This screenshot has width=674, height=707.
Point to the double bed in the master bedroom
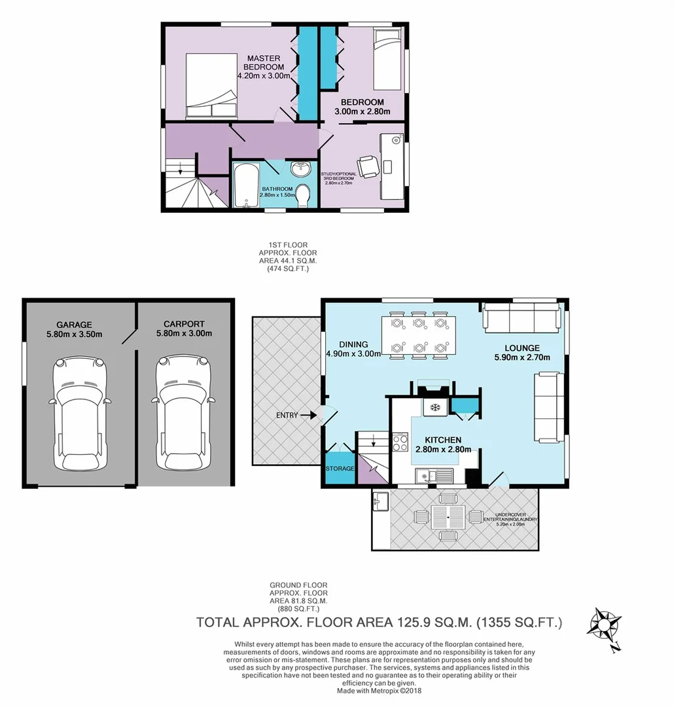(211, 86)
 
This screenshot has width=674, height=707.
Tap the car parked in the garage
(79, 414)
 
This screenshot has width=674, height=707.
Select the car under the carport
(184, 414)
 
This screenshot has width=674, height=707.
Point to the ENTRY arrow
(306, 414)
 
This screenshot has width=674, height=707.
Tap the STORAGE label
(340, 469)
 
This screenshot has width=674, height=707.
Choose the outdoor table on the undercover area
(448, 517)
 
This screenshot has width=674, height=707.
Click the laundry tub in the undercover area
(381, 503)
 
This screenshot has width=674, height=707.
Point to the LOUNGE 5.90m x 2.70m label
(522, 352)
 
